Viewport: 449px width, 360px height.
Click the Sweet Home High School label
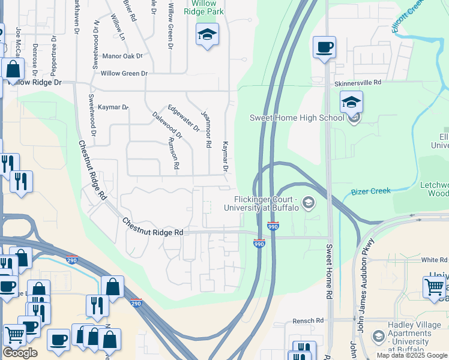[x=297, y=118]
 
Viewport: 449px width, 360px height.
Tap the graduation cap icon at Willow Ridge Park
[x=207, y=35]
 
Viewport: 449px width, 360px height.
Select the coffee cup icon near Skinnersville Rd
[x=324, y=47]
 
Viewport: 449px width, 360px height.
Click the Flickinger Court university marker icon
[x=309, y=203]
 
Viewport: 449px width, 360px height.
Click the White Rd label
[x=434, y=260]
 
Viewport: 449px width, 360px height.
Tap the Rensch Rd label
[x=308, y=321]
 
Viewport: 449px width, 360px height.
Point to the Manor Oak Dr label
[x=122, y=56]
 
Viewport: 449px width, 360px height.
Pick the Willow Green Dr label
[x=124, y=73]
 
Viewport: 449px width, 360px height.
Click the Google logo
[x=20, y=353]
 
